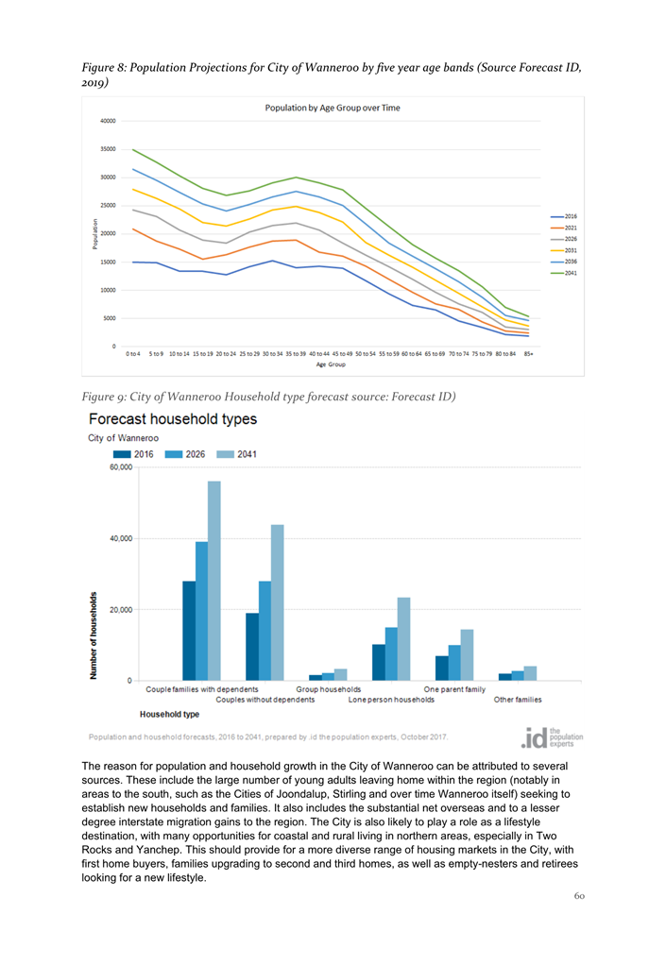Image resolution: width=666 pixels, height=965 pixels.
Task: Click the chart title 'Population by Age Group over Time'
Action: point(332,108)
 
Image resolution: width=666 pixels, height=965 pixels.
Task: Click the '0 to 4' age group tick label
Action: point(133,354)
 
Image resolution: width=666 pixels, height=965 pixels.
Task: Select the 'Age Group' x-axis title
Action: point(331,364)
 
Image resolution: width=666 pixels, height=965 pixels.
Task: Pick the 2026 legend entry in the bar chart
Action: point(189,454)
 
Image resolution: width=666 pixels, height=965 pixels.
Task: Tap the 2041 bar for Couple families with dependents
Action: point(214,580)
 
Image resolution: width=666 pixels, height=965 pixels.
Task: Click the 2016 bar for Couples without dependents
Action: point(252,646)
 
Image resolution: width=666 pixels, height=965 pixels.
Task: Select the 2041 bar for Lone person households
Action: point(404,638)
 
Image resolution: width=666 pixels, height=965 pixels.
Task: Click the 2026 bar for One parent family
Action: point(454,662)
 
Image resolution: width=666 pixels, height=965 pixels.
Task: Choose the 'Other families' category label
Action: point(518,700)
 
